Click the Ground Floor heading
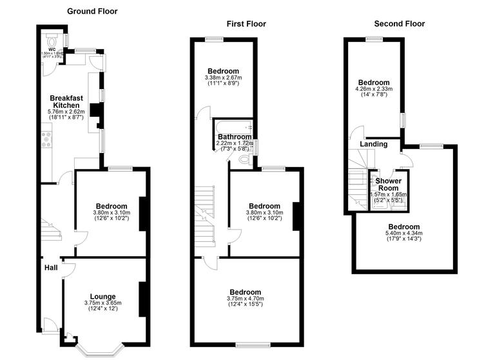[x=92, y=12]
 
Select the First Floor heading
[x=246, y=24]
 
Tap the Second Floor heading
[x=400, y=24]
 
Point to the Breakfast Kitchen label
[x=66, y=101]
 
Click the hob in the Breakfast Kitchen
[x=47, y=139]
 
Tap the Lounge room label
[x=102, y=296]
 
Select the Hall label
[x=51, y=268]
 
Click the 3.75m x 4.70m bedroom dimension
[x=245, y=299]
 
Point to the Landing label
[x=373, y=144]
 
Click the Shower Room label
[x=389, y=184]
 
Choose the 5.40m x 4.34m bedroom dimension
[x=403, y=234]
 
